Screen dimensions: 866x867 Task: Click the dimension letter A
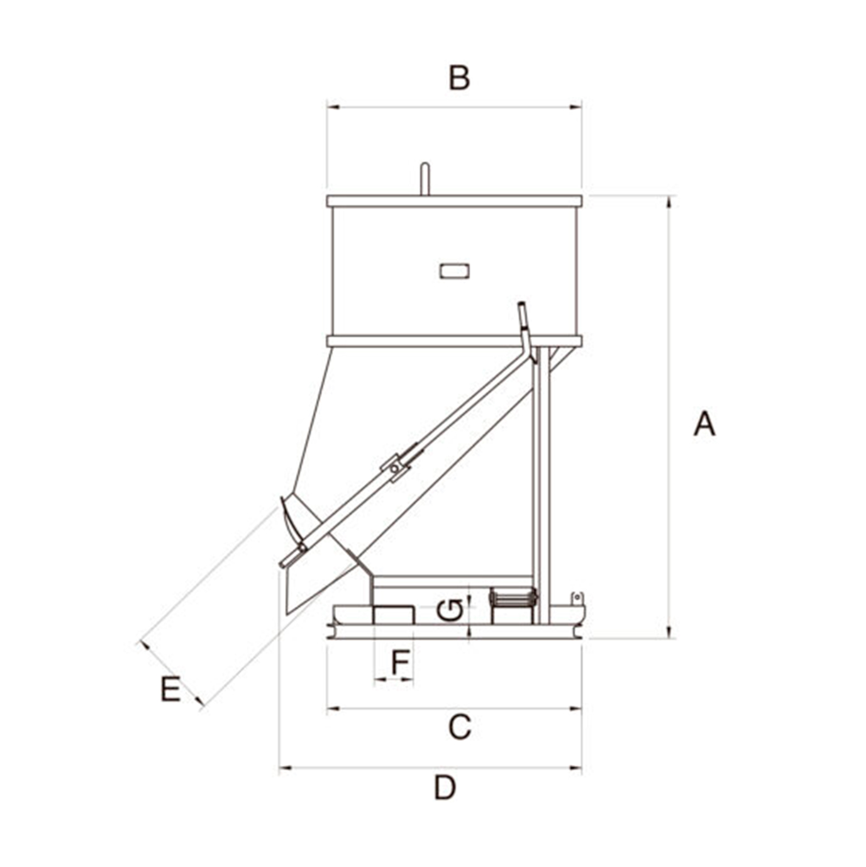pyautogui.click(x=704, y=423)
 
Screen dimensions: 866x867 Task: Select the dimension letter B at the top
pyautogui.click(x=459, y=78)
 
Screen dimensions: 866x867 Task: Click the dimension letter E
pyautogui.click(x=171, y=689)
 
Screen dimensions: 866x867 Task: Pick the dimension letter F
pyautogui.click(x=400, y=662)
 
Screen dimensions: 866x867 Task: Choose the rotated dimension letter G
pyautogui.click(x=450, y=610)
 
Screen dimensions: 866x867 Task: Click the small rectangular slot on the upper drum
pyautogui.click(x=454, y=271)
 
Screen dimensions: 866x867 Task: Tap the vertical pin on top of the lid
pyautogui.click(x=425, y=179)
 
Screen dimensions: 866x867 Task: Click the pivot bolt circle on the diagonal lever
pyautogui.click(x=394, y=469)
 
